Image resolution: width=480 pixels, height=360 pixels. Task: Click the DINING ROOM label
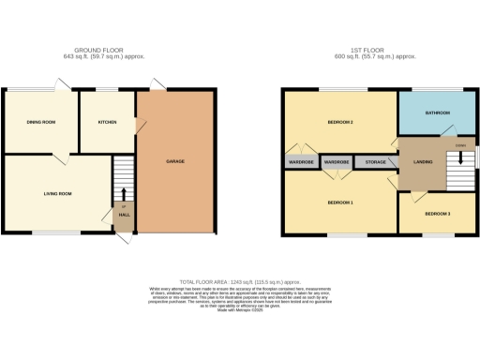click(39, 122)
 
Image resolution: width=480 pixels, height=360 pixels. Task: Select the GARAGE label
click(175, 161)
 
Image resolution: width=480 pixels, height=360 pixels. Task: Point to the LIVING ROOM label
click(57, 194)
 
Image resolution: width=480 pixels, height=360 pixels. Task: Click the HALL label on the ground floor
click(123, 213)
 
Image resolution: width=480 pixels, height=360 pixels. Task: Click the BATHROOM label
click(438, 112)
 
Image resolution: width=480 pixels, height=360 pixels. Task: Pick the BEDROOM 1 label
click(338, 202)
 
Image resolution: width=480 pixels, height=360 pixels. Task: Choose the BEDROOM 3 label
click(437, 214)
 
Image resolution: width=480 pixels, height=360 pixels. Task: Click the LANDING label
click(423, 162)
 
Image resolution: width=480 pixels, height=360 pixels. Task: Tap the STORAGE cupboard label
click(376, 162)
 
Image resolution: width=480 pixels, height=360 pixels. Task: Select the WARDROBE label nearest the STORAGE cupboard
click(337, 162)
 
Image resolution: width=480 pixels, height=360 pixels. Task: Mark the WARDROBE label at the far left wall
click(300, 162)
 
